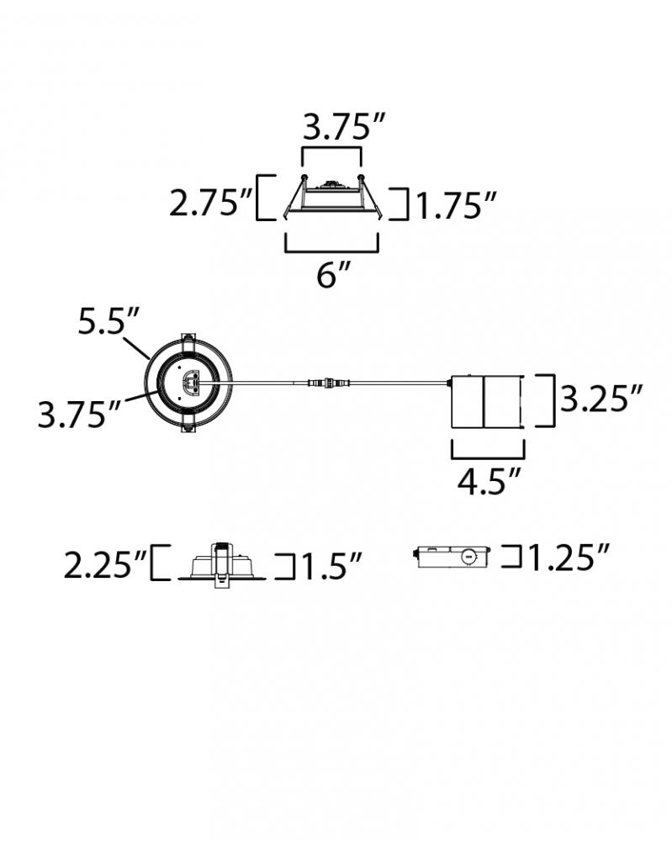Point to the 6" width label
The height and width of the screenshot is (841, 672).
point(333,275)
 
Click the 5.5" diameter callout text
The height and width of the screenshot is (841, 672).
point(108,321)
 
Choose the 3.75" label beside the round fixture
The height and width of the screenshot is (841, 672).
point(79,414)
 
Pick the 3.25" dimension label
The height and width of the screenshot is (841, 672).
point(601,398)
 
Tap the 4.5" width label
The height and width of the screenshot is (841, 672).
point(489,480)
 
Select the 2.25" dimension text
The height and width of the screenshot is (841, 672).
point(105,564)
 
